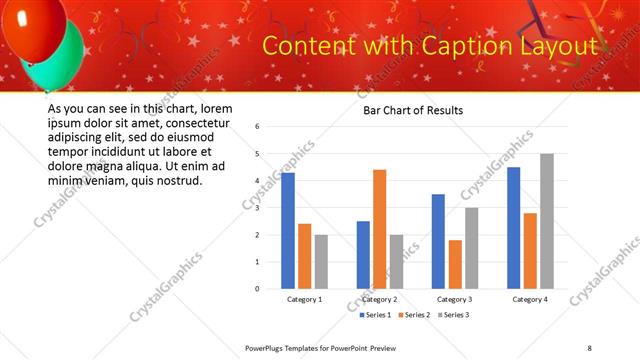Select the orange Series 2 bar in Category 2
tap(379, 229)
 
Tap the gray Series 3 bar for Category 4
tap(546, 221)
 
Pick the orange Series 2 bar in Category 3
tap(455, 264)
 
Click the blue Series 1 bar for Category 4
tap(513, 228)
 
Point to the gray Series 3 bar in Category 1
tap(320, 262)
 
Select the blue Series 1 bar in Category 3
tap(438, 241)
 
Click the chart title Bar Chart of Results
tap(412, 110)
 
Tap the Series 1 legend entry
tap(377, 315)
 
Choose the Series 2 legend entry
tap(414, 315)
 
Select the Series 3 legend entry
tap(451, 315)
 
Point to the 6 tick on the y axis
tap(257, 127)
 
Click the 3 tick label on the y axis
tap(257, 208)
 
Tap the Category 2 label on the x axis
tap(379, 299)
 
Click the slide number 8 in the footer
tap(589, 347)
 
